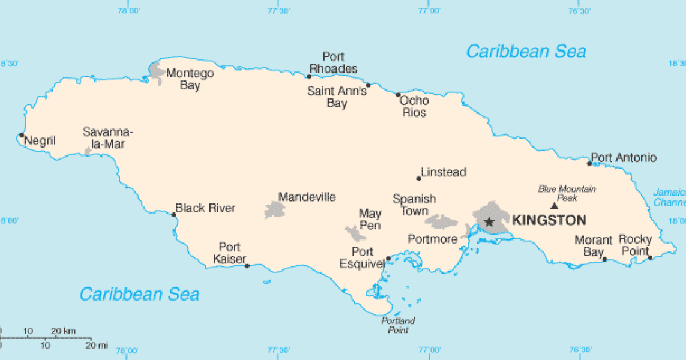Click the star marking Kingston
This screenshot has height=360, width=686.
click(489, 222)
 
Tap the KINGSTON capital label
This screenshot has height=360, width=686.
click(549, 220)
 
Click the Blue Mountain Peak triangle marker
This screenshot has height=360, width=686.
click(554, 206)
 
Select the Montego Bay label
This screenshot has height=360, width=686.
click(190, 79)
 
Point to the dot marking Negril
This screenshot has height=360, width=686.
click(22, 135)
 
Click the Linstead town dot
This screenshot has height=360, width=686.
click(418, 178)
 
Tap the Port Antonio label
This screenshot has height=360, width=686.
click(624, 158)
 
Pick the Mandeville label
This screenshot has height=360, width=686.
click(307, 197)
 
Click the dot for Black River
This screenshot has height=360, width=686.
click(174, 215)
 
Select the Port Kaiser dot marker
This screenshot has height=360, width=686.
click(247, 266)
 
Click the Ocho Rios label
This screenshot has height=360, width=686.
click(414, 106)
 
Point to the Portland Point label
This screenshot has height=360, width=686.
click(398, 325)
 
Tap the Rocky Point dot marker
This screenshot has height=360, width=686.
click(650, 258)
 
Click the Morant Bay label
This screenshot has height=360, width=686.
click(594, 246)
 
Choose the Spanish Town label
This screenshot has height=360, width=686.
click(414, 205)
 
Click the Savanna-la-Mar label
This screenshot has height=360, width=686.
click(108, 137)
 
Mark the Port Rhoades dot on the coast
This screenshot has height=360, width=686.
click(309, 76)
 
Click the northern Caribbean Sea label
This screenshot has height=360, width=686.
click(526, 52)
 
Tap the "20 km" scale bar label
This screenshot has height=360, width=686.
click(63, 331)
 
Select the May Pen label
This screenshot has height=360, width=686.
click(370, 219)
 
